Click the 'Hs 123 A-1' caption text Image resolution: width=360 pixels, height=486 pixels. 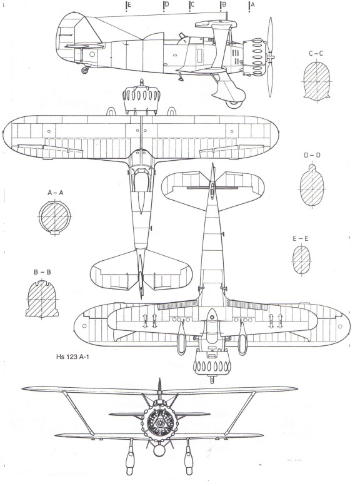(x=72, y=357)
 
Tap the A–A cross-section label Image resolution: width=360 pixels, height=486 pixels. (x=56, y=193)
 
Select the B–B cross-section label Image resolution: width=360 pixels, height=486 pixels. (x=42, y=272)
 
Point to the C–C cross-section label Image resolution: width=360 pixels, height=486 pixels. (x=316, y=54)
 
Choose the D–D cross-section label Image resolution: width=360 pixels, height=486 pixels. (x=312, y=155)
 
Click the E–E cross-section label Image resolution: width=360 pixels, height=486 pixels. (x=301, y=239)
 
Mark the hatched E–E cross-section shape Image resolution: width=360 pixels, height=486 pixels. (x=301, y=260)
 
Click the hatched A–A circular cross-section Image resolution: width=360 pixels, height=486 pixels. (x=54, y=216)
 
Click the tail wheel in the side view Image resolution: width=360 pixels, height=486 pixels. (x=84, y=70)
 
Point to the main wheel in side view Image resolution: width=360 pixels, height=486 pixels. (x=234, y=104)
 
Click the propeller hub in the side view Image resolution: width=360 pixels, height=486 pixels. (x=271, y=58)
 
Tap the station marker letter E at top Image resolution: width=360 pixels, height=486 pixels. (x=129, y=4)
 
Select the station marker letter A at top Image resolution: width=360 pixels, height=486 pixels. (x=252, y=4)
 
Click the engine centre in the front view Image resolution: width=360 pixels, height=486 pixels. (x=160, y=422)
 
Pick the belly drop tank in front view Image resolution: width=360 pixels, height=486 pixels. (x=159, y=450)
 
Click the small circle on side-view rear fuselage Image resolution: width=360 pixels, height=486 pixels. (x=92, y=54)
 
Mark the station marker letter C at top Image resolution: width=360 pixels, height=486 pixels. (x=192, y=4)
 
